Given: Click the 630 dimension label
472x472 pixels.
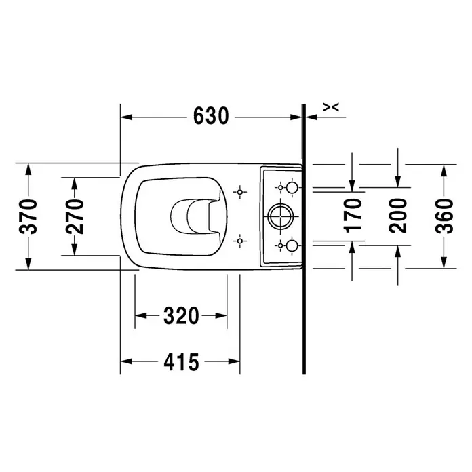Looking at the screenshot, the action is click(x=211, y=116).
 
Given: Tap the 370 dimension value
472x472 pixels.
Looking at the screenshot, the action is click(x=28, y=216).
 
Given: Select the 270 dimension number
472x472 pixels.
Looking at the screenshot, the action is click(x=75, y=216).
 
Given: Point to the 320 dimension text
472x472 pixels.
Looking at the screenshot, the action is click(x=181, y=315).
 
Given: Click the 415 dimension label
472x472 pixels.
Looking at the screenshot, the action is click(x=181, y=361).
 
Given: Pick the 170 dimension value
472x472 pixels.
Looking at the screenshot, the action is click(x=353, y=216).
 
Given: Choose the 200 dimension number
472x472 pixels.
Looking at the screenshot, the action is click(x=397, y=216).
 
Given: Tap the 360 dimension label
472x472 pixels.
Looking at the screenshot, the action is click(x=444, y=216).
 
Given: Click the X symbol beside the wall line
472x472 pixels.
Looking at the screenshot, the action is click(x=331, y=107).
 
